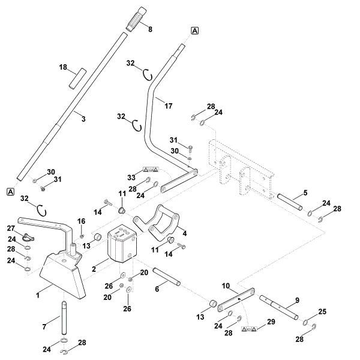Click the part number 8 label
(x=150, y=28)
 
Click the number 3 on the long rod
(x=83, y=119)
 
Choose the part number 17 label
(x=169, y=106)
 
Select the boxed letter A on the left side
(x=10, y=191)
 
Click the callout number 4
(x=185, y=233)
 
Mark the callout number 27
(x=10, y=229)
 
